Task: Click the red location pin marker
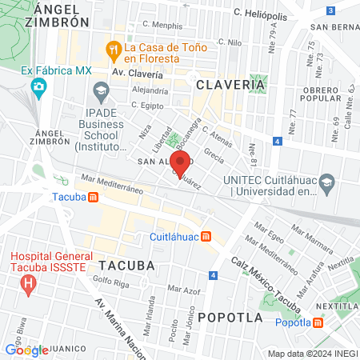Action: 180,164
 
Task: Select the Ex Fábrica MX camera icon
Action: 38,86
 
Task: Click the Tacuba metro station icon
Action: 94,197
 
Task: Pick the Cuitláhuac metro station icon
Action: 206,236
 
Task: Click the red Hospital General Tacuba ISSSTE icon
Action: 29,282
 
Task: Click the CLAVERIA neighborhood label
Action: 226,84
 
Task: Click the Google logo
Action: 26,349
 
